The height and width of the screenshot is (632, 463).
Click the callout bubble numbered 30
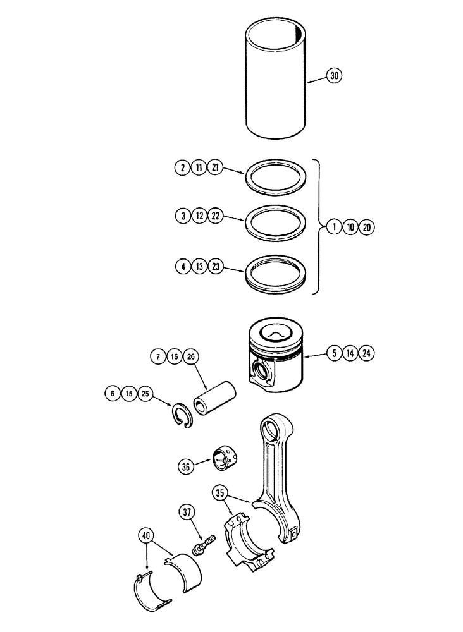[335, 76]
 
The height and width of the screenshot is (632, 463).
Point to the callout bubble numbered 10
[350, 226]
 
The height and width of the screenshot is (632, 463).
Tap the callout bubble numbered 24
[365, 353]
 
